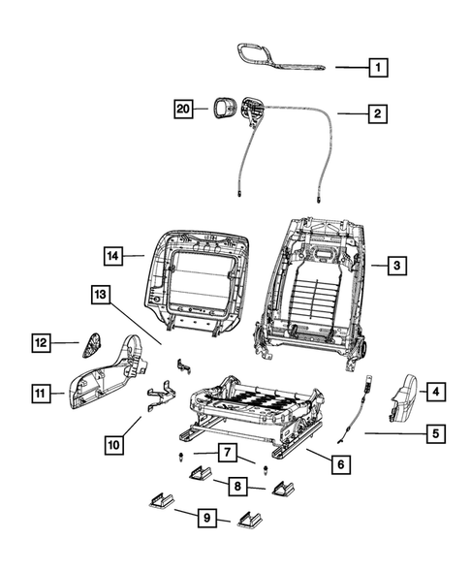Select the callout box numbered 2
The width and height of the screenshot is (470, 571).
379,114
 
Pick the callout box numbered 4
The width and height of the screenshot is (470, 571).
435,392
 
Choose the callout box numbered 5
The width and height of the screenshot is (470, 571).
435,434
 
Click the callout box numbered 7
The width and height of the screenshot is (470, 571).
225,452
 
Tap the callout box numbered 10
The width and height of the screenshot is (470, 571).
115,445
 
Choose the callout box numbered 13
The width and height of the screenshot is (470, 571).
102,295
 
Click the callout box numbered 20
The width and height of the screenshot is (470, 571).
183,109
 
